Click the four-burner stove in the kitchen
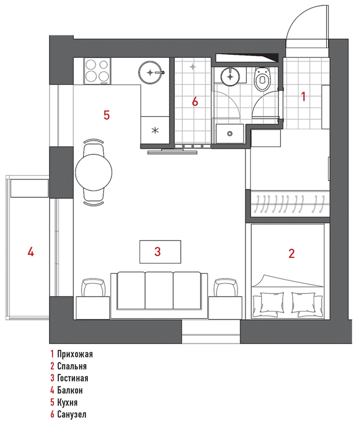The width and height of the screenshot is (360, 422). (97, 71)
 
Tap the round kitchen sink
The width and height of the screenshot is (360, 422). (150, 72)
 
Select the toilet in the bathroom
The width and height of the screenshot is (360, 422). (263, 79)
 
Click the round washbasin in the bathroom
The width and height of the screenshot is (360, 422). (230, 77)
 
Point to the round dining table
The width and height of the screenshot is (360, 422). (93, 173)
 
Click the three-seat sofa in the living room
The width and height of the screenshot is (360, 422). (159, 295)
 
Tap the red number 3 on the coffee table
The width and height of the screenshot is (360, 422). (158, 251)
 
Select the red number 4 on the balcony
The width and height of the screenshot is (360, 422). (31, 252)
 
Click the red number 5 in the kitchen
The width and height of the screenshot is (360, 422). (107, 115)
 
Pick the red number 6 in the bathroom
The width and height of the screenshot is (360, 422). (195, 102)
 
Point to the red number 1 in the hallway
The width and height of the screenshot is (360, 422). (303, 96)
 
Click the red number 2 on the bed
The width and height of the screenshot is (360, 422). (292, 253)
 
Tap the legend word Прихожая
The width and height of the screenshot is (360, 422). (75, 354)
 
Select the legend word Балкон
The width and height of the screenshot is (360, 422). (70, 390)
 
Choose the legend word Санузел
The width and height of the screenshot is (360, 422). (72, 414)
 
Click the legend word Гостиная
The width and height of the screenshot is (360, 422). (73, 378)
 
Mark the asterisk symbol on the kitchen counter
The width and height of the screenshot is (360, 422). (155, 131)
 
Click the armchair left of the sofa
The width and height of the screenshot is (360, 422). (93, 287)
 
